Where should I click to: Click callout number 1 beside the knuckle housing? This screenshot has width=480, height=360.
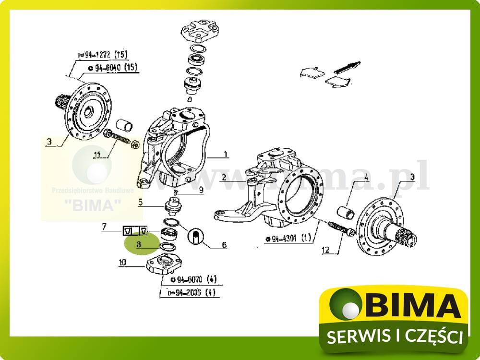coord(225,155)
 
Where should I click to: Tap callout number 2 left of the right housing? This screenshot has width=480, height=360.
coord(224,178)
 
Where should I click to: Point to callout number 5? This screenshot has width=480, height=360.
coord(140,203)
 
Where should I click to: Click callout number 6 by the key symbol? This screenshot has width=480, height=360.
coord(224,245)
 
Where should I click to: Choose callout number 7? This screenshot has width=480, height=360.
coord(104,226)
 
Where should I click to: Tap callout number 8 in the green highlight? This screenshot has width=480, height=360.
coord(138,244)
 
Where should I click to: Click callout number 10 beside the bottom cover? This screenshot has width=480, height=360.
coord(122,262)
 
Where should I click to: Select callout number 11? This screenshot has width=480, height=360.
coord(97,155)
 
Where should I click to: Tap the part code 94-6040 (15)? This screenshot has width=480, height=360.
coord(110,68)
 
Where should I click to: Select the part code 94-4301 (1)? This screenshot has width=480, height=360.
coord(288,238)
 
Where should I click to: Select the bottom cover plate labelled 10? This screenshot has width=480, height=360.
coord(165,265)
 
